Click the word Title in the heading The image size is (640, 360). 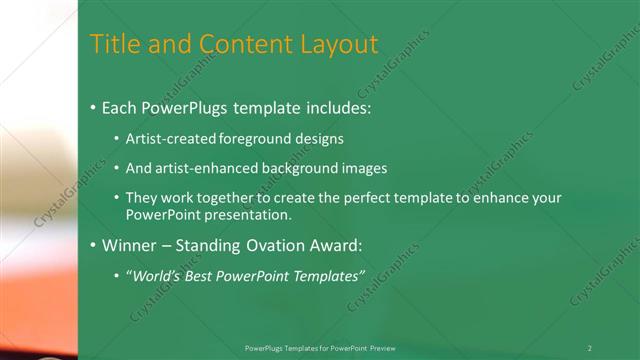coord(113,45)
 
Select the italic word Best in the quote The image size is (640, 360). coord(198,275)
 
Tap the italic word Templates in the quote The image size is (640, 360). coord(328,275)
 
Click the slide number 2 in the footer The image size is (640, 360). coord(590,347)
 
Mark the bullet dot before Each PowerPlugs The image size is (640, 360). coord(93,107)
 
